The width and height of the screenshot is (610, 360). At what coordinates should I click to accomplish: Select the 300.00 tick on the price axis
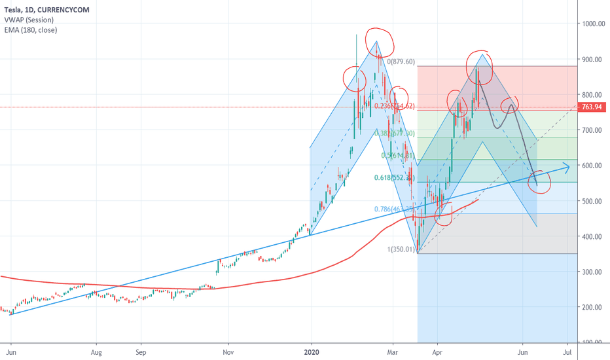[593, 272]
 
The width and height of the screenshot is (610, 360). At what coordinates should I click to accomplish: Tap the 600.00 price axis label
[593, 166]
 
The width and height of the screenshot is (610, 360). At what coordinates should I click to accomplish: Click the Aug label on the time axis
[96, 351]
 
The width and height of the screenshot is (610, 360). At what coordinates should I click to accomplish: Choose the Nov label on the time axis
[228, 351]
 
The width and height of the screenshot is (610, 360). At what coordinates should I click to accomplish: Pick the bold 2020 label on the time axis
[312, 351]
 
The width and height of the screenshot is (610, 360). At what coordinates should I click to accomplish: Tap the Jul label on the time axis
[567, 351]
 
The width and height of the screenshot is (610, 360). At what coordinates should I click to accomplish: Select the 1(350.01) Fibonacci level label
[401, 249]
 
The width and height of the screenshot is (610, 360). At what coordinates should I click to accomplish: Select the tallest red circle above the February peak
[380, 42]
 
